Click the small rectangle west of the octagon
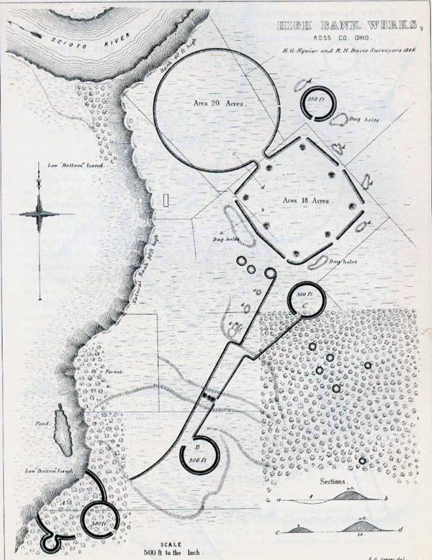click(167, 201)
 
